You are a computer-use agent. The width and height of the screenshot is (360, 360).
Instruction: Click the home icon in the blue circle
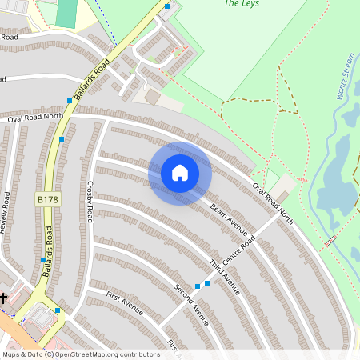179,173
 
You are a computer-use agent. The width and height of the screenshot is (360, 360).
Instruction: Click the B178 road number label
47,198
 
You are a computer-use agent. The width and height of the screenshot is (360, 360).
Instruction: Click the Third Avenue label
225,277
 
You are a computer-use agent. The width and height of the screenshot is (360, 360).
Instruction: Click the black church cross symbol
3,298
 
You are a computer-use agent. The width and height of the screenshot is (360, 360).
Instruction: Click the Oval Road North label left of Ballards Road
35,118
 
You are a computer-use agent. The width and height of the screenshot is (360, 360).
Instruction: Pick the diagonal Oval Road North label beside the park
273,204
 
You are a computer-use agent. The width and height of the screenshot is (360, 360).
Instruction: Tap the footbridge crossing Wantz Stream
330,239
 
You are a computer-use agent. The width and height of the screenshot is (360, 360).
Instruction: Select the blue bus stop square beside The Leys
167,6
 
